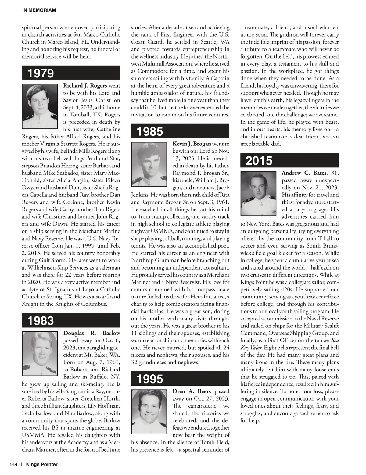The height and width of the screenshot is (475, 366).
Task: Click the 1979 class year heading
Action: click(41, 73)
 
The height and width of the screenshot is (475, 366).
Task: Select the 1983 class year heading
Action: click(41, 321)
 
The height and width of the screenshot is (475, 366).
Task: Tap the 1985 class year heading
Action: click(150, 131)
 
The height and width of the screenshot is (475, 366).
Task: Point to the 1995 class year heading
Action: click(150, 379)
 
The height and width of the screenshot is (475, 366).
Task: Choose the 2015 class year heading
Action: click(259, 161)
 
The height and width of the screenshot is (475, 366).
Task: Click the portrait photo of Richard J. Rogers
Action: click(40, 106)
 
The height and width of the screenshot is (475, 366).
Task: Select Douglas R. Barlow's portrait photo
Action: click(40, 354)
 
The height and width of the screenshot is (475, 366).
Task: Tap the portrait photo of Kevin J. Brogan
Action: click(149, 164)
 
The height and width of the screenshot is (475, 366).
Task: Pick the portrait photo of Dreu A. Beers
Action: click(149, 412)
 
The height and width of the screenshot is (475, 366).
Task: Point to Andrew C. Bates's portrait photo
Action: click(258, 194)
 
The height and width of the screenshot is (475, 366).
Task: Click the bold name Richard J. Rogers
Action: click(85, 86)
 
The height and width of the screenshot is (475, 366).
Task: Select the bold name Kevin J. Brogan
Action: click(192, 144)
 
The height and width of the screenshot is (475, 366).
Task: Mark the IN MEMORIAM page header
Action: click(39, 10)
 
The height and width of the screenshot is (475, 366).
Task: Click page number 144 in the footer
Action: click(13, 464)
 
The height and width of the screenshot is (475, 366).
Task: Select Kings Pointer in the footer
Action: click(42, 464)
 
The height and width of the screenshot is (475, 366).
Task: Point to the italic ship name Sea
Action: click(335, 341)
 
